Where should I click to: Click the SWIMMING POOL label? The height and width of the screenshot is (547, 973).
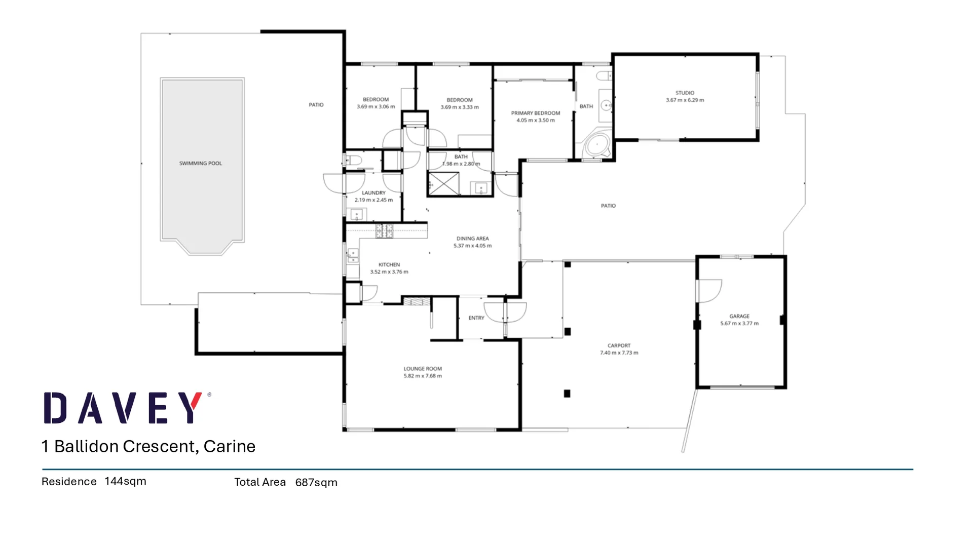coord(200,163)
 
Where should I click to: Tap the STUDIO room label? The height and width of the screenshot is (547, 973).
coord(685,93)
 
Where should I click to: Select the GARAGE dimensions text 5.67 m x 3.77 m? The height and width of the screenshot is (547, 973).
coord(739,323)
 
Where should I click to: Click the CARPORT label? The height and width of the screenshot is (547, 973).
coord(619,345)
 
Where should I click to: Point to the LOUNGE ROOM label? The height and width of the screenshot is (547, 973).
coord(423,369)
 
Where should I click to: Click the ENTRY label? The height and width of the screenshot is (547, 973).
coord(476,318)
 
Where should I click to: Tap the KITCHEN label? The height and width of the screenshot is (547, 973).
coord(389,264)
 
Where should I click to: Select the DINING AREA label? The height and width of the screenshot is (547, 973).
coord(472,238)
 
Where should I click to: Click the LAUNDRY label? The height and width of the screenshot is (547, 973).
coord(373,193)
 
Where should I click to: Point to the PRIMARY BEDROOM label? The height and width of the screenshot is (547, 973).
coord(535,113)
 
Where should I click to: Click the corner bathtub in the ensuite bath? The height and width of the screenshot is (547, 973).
coord(597,145)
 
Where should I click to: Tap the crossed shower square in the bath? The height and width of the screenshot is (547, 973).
coord(444,183)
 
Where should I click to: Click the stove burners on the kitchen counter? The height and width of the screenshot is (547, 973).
coord(384,231)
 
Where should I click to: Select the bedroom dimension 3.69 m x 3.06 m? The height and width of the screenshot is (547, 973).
coord(376,107)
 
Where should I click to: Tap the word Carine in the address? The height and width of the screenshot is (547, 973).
coord(229,446)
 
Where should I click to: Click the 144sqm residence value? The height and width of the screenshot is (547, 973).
coord(125,481)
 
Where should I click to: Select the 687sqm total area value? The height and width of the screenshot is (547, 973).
coord(316,482)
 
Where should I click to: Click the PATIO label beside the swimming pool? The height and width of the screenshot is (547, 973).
coord(316,105)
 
